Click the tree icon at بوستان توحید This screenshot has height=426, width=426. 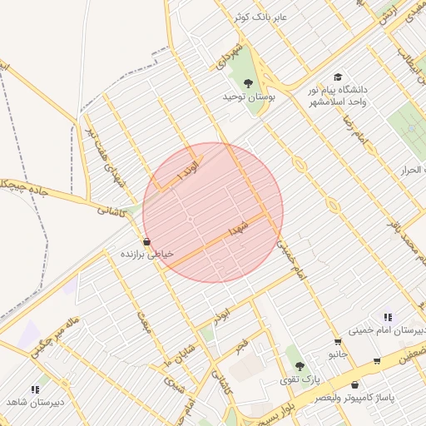tap(247, 82)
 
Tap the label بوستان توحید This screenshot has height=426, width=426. tap(247, 97)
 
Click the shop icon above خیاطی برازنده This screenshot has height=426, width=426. tap(147, 241)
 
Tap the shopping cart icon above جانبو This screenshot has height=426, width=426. tap(337, 342)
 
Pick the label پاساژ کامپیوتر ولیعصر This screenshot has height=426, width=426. tap(355, 398)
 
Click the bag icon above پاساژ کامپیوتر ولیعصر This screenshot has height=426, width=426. tap(355, 385)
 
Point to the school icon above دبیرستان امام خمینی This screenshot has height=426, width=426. tap(388, 317)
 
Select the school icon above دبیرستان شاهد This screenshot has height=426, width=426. tap(35, 389)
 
